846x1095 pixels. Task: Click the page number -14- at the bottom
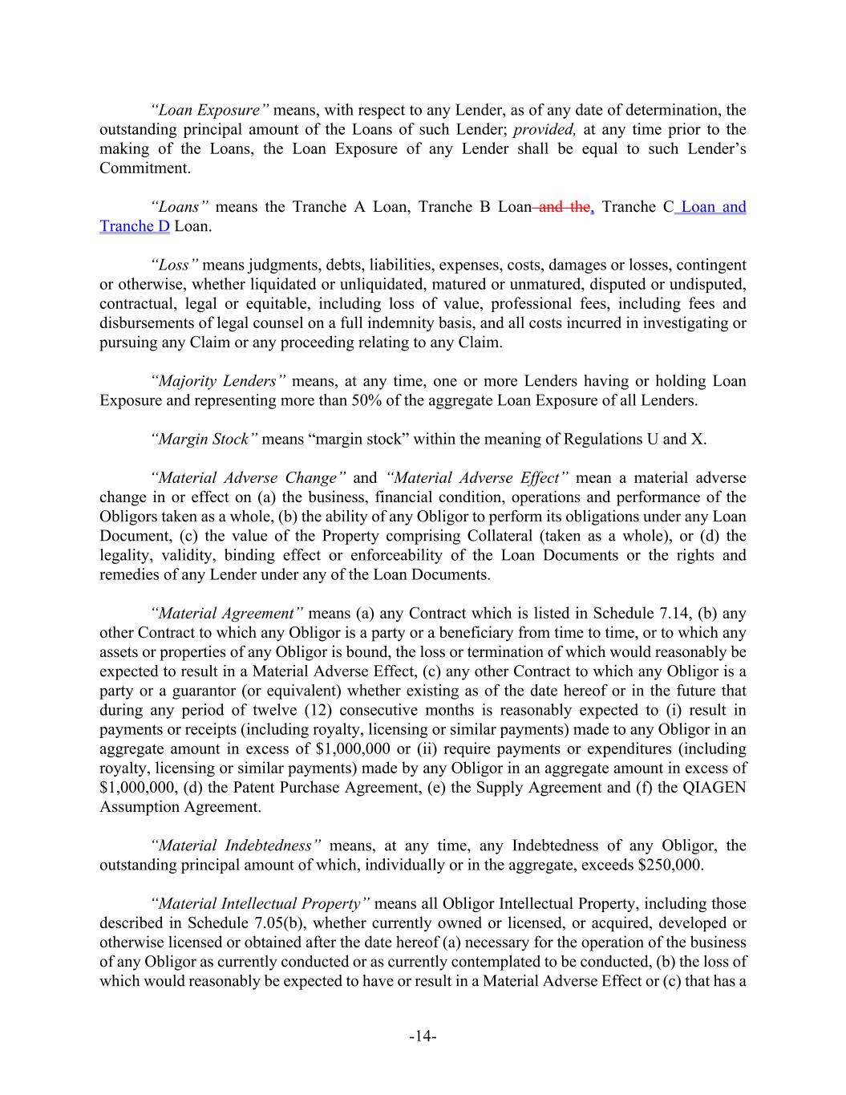click(x=423, y=1036)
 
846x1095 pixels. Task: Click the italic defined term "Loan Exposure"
click(x=209, y=111)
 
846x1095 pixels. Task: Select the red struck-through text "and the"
click(x=565, y=207)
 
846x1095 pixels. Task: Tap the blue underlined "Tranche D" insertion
click(x=135, y=226)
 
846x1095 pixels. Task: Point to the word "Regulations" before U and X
click(x=603, y=439)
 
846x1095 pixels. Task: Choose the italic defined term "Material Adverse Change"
click(x=249, y=478)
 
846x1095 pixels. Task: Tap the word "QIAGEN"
click(x=715, y=787)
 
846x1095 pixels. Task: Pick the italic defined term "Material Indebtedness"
click(x=237, y=846)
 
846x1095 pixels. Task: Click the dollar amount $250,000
click(x=672, y=865)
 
